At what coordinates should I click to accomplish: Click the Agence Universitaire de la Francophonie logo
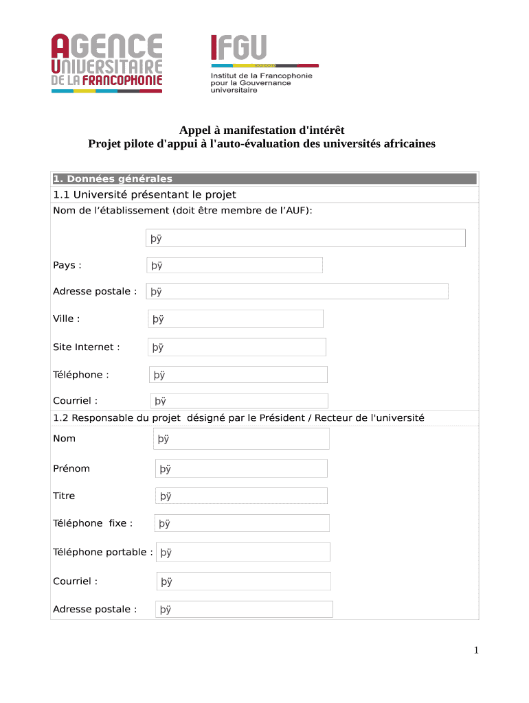[x=106, y=62]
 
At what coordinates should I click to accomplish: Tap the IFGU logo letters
[x=238, y=48]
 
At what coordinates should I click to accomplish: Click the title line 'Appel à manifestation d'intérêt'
[x=262, y=130]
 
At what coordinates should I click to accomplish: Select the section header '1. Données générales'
[x=113, y=179]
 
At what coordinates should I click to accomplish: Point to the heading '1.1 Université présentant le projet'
[x=144, y=195]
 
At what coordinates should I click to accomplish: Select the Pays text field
[x=234, y=265]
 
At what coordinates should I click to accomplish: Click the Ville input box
[x=236, y=319]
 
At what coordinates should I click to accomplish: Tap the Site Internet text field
[x=237, y=347]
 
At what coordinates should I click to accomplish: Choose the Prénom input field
[x=241, y=469]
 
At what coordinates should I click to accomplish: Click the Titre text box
[x=241, y=496]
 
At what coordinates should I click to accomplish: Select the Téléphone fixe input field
[x=242, y=523]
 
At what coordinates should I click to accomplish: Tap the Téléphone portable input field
[x=243, y=552]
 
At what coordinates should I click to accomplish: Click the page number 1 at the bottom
[x=475, y=650]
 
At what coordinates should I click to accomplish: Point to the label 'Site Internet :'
[x=87, y=347]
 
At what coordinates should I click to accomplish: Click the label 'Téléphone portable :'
[x=103, y=552]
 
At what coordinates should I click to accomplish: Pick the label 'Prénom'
[x=71, y=468]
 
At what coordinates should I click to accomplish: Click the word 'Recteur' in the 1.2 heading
[x=330, y=417]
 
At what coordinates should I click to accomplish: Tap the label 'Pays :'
[x=67, y=265]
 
